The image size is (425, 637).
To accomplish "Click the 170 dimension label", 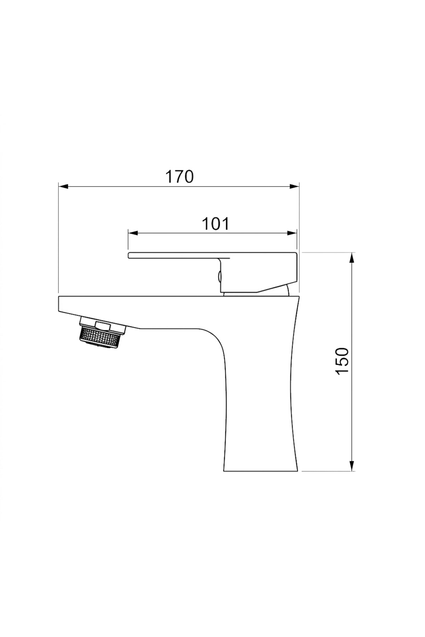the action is point(180,177).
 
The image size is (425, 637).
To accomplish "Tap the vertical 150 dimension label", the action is point(342,361).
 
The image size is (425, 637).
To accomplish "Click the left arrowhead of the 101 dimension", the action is point(132,233).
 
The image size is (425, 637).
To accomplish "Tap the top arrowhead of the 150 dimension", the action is point(352,257).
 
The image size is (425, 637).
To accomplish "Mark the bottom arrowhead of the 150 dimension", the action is point(352,466).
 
